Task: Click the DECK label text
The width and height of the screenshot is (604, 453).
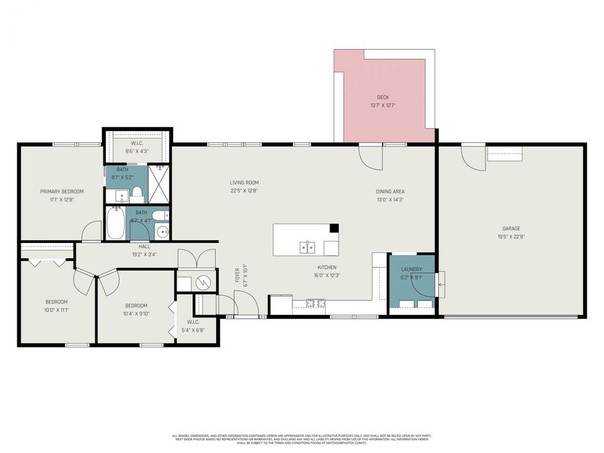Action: click(x=383, y=97)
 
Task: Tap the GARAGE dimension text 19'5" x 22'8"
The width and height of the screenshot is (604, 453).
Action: click(x=511, y=236)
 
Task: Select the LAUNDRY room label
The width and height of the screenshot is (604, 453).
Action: click(x=411, y=269)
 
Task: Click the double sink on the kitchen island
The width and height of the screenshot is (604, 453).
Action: click(x=307, y=248)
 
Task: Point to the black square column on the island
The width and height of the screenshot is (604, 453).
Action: click(x=334, y=228)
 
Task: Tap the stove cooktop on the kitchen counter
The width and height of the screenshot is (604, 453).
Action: click(x=316, y=303)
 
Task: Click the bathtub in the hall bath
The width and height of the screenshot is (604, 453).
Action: click(x=115, y=223)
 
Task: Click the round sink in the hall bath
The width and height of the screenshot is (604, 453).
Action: click(x=162, y=232)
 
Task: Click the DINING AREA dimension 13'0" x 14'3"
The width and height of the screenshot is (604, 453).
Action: click(x=390, y=199)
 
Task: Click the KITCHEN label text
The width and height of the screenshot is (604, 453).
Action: click(x=327, y=267)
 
